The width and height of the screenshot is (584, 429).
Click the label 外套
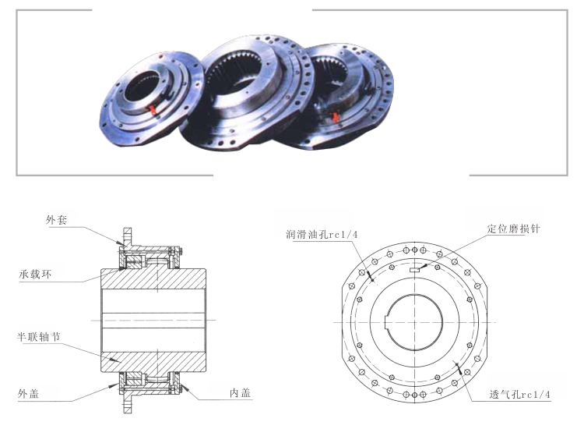[x=57, y=221]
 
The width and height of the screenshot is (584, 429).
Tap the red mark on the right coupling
[x=336, y=117]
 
